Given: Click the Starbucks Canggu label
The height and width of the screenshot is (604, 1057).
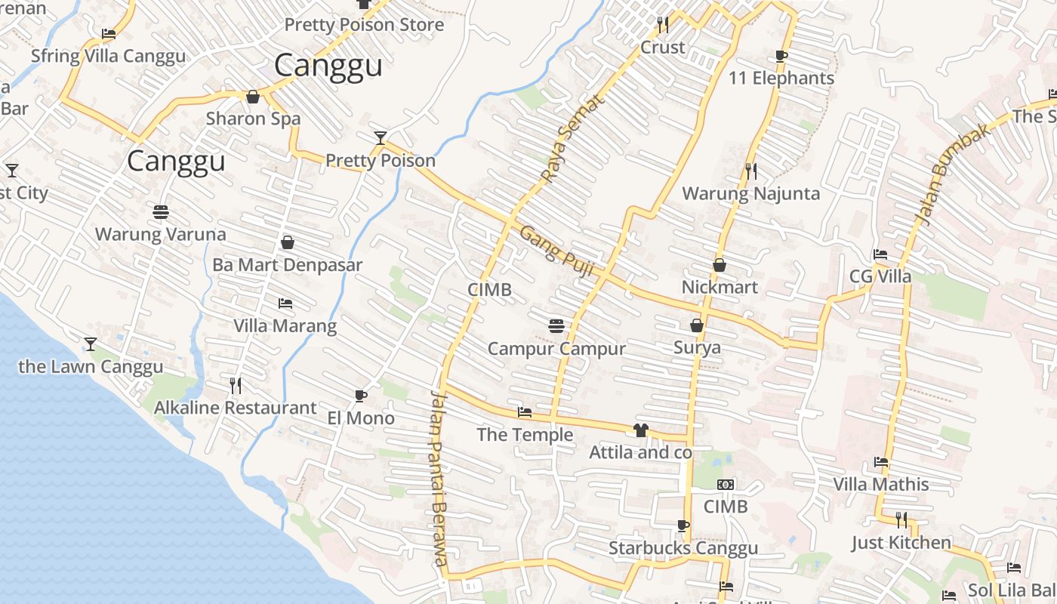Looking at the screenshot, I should click(x=683, y=548).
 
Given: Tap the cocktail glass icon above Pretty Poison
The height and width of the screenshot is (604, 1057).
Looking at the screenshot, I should click(x=381, y=137).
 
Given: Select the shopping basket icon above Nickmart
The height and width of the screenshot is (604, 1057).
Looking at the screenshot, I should click(x=720, y=265).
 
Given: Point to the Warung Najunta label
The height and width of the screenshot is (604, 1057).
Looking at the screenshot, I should click(x=750, y=193).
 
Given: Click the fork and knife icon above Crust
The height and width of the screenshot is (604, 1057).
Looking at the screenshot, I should click(x=663, y=24).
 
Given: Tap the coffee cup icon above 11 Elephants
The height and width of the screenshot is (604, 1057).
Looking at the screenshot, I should click(x=781, y=56).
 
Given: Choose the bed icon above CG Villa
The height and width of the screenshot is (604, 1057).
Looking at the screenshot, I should click(x=880, y=254).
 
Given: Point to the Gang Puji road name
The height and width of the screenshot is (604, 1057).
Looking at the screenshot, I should click(x=556, y=251).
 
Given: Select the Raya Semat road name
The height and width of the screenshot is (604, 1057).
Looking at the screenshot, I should click(x=573, y=138).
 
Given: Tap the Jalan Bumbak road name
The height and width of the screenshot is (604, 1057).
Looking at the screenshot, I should click(x=941, y=174).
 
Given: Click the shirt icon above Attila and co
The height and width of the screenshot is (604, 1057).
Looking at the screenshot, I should click(x=641, y=430).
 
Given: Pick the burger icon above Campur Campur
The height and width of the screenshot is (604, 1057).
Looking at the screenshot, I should click(x=556, y=326).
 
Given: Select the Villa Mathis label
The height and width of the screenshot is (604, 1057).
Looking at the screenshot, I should click(x=881, y=483).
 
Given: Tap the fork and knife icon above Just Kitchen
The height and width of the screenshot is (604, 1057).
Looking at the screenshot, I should click(x=901, y=519).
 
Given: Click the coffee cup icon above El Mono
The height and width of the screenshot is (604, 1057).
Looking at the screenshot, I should click(x=361, y=396).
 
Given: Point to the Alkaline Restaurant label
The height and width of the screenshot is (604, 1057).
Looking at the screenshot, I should click(x=236, y=408).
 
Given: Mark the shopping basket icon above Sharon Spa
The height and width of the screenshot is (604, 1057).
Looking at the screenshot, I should click(x=253, y=97).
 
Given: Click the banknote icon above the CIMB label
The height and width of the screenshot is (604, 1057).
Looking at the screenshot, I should click(x=726, y=485).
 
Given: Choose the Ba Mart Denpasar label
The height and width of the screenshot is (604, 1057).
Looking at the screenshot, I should click(x=288, y=265).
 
